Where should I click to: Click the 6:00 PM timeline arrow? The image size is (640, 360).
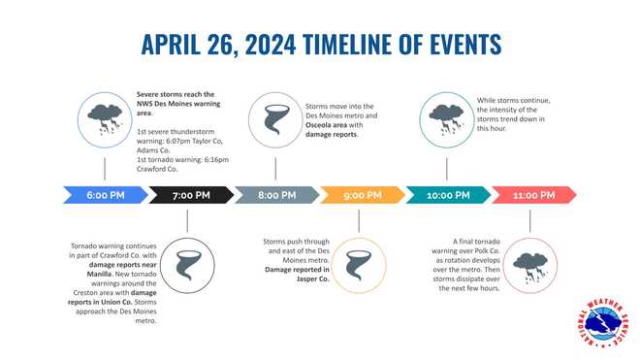(x=104, y=195)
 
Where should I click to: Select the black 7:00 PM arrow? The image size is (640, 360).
(x=190, y=195)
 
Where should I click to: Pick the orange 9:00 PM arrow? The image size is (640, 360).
(x=362, y=195)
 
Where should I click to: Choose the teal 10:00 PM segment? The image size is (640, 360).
(x=447, y=195)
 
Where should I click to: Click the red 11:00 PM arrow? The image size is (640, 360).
(x=532, y=195)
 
